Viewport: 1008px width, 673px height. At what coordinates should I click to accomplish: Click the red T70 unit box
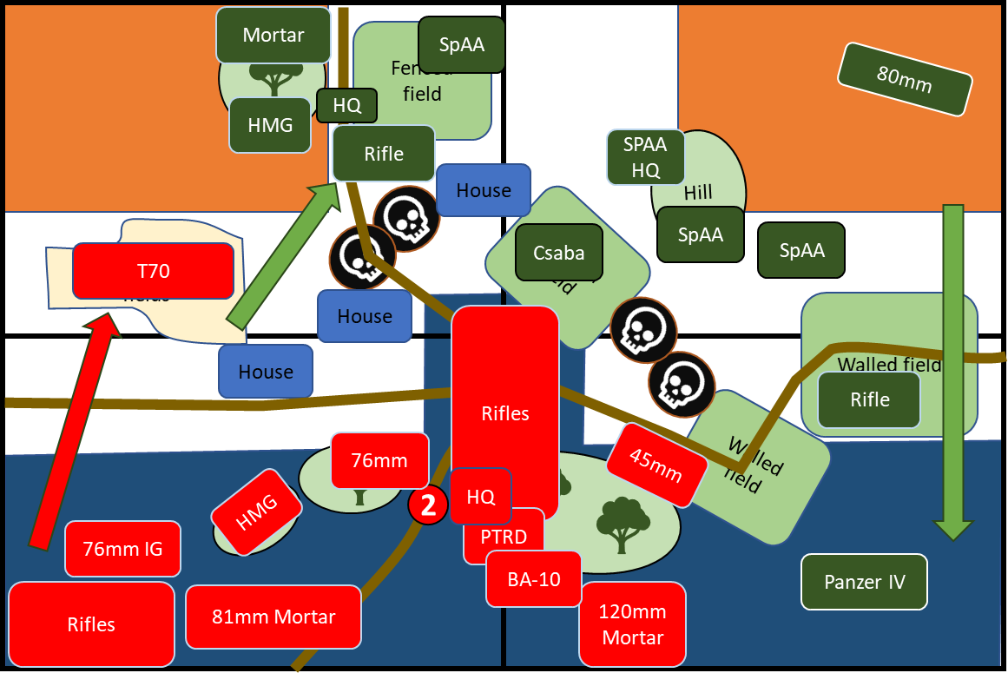(x=153, y=271)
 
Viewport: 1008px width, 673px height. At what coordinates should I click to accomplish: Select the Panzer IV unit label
(x=864, y=582)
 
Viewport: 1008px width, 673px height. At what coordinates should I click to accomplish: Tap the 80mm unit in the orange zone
(x=904, y=79)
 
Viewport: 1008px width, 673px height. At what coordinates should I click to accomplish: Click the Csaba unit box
(x=558, y=253)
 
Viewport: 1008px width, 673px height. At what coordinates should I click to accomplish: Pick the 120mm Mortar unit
(x=632, y=624)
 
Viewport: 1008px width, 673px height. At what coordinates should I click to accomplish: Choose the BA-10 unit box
(x=533, y=578)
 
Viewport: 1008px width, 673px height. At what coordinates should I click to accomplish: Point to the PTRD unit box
(x=504, y=536)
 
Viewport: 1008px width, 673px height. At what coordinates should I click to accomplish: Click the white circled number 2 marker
(x=428, y=505)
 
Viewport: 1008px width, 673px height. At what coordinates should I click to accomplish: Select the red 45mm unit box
(x=656, y=465)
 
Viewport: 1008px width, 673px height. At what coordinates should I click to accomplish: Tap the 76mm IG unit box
(x=122, y=549)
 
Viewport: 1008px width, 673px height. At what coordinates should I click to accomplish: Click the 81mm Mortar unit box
(x=273, y=617)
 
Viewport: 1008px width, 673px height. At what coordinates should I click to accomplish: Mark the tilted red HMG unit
(x=256, y=512)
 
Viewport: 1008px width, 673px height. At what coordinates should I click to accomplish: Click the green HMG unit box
(x=270, y=125)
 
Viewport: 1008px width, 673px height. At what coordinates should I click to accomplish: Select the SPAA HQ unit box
(x=645, y=157)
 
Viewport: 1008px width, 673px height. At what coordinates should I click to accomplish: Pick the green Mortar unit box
(x=273, y=35)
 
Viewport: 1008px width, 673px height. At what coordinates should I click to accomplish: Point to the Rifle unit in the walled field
(x=869, y=399)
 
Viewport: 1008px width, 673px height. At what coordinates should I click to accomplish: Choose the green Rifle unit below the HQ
(x=384, y=154)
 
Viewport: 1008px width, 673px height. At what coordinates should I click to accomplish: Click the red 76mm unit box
(x=379, y=460)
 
